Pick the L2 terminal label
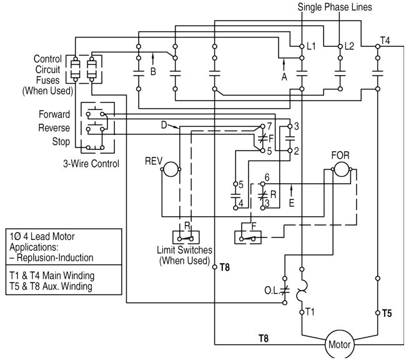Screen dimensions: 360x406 350,47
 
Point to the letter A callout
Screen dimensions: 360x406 284,77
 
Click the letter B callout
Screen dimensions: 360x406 154,71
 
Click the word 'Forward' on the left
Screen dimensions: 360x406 54,115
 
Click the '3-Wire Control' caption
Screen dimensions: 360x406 92,164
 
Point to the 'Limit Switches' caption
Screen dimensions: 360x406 184,250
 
